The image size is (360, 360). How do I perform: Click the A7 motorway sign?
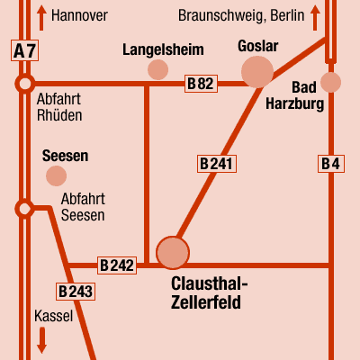(24, 50)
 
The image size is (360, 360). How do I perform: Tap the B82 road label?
(201, 84)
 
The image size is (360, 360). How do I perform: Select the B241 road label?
(217, 164)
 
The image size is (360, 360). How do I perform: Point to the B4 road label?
(331, 164)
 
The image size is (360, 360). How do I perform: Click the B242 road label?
(117, 265)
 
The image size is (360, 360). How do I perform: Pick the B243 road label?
(76, 292)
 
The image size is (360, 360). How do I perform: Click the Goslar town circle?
(257, 72)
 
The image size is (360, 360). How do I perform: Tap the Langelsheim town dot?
(157, 69)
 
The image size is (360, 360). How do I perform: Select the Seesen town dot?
(56, 175)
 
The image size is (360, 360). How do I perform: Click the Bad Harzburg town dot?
(330, 82)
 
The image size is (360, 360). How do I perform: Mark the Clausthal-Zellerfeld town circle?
(173, 253)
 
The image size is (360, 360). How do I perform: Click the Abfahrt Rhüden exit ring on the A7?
(24, 84)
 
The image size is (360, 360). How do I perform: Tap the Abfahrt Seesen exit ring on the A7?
(24, 208)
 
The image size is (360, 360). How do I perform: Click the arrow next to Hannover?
(41, 18)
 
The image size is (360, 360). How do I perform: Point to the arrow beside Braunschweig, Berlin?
(315, 18)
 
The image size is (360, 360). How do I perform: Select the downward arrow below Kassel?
(41, 340)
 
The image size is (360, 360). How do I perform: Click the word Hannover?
(79, 15)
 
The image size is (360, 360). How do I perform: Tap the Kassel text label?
(54, 316)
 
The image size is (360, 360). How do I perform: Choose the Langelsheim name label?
(163, 49)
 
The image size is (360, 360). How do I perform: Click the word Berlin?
(287, 15)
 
